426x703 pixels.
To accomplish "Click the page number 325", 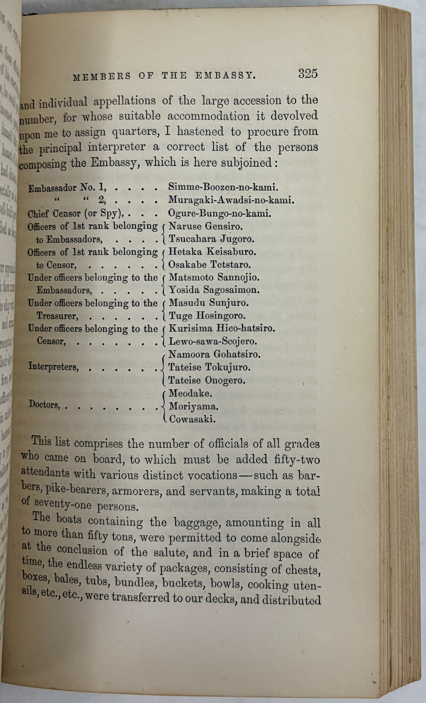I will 308,74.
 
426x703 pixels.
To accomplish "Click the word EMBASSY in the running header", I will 225,76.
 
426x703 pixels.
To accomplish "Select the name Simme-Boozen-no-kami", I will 223,187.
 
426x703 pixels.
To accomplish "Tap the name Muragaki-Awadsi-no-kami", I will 231,200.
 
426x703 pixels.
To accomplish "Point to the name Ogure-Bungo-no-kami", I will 220,213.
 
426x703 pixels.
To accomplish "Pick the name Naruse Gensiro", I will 205,226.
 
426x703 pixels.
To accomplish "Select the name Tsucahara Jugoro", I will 211,239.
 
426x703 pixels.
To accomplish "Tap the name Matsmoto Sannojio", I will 214,277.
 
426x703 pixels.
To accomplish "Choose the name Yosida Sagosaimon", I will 214,290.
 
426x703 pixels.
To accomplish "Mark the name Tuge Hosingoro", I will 207,315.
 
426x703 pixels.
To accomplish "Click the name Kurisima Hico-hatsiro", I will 222,328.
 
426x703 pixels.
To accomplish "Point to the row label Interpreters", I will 54,367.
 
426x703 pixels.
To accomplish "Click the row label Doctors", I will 44,404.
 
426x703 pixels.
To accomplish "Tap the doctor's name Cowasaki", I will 192,419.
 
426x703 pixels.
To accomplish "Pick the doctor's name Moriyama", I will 193,406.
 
